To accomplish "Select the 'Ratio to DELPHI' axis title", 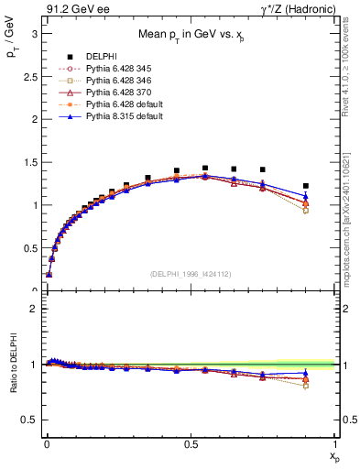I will coord(13,365).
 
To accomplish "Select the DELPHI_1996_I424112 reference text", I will coord(190,274).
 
